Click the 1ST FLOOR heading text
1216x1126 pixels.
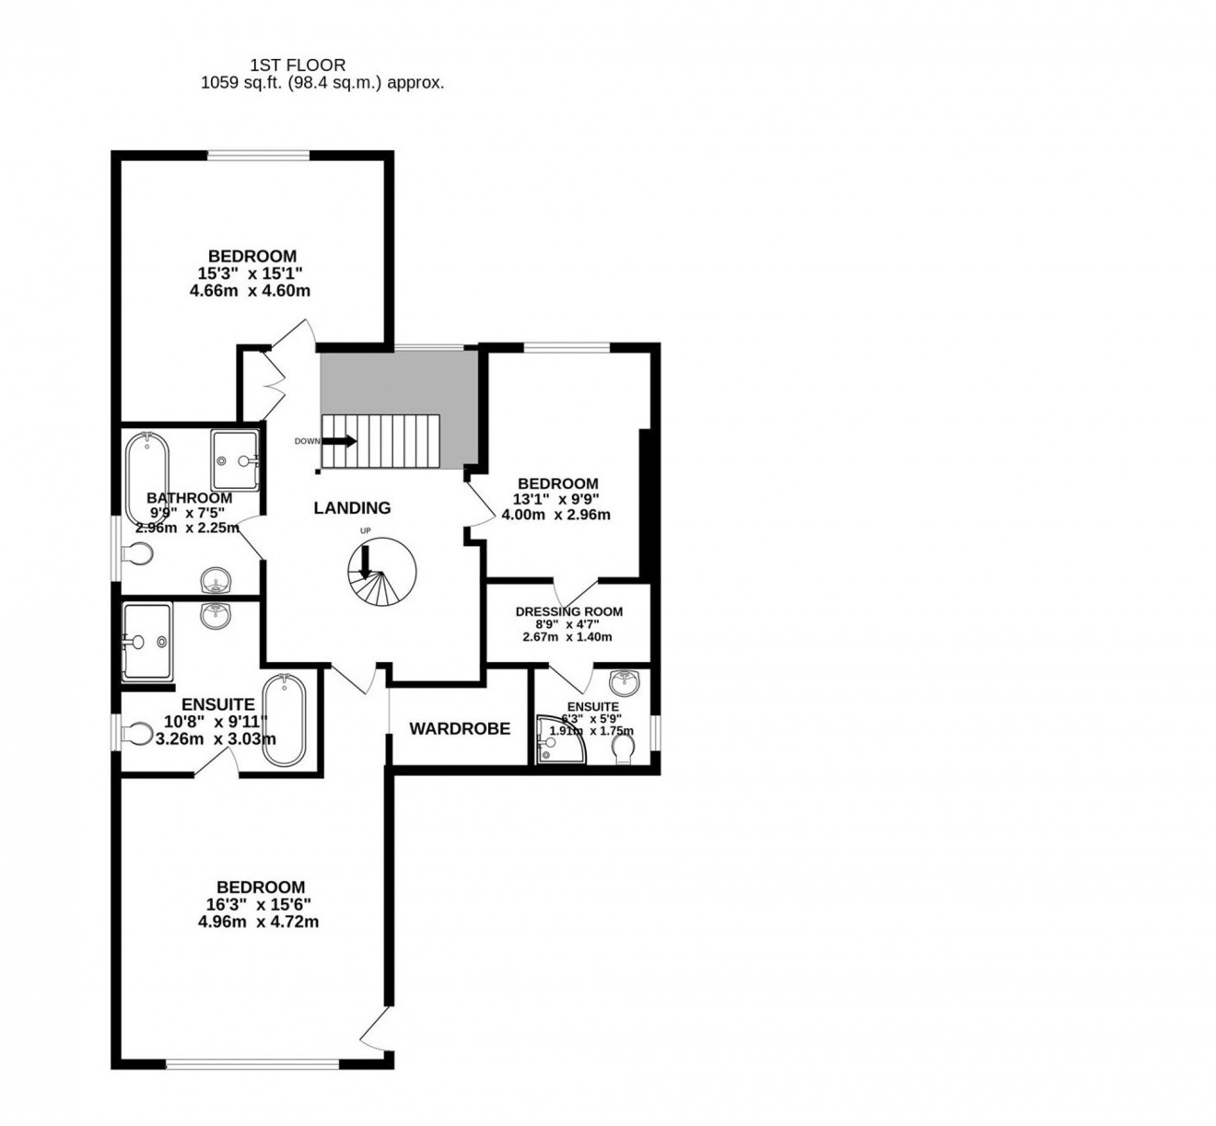pyautogui.click(x=298, y=64)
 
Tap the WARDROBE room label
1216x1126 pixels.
pyautogui.click(x=460, y=728)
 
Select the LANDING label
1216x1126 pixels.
pyautogui.click(x=352, y=507)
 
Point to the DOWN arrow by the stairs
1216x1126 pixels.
pyautogui.click(x=338, y=441)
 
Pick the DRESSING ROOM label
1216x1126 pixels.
pyautogui.click(x=568, y=611)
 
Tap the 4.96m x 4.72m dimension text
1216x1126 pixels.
pyautogui.click(x=258, y=921)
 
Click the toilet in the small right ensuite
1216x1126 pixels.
pyautogui.click(x=624, y=751)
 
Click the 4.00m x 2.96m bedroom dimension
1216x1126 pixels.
pyautogui.click(x=556, y=515)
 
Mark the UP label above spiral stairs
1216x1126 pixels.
pyautogui.click(x=365, y=531)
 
